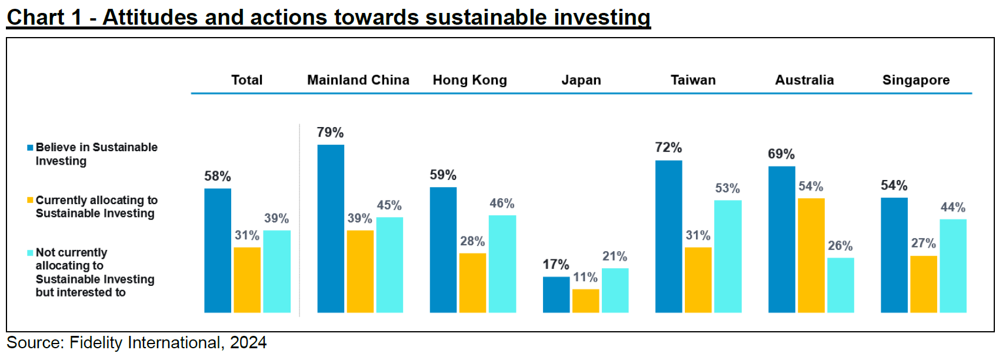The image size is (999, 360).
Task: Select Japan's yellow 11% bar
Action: pos(585,301)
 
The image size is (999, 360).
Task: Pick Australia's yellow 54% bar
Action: pos(811,255)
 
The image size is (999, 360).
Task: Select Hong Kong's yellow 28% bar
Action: pos(472,282)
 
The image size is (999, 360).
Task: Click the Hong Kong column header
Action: pos(469,80)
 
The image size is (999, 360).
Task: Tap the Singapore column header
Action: pos(915,80)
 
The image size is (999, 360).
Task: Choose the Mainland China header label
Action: pos(358,80)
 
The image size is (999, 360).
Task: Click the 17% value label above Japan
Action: pos(555,265)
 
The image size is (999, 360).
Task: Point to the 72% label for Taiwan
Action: pos(668,148)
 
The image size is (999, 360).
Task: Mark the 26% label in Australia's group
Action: pos(840,246)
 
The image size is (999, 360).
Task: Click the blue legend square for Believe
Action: pos(30,148)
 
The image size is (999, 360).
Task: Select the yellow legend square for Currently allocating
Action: pos(30,200)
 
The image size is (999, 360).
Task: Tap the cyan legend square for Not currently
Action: pos(30,253)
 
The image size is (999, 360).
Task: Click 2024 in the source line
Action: pos(248,342)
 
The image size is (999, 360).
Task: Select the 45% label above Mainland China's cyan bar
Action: pos(389,205)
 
